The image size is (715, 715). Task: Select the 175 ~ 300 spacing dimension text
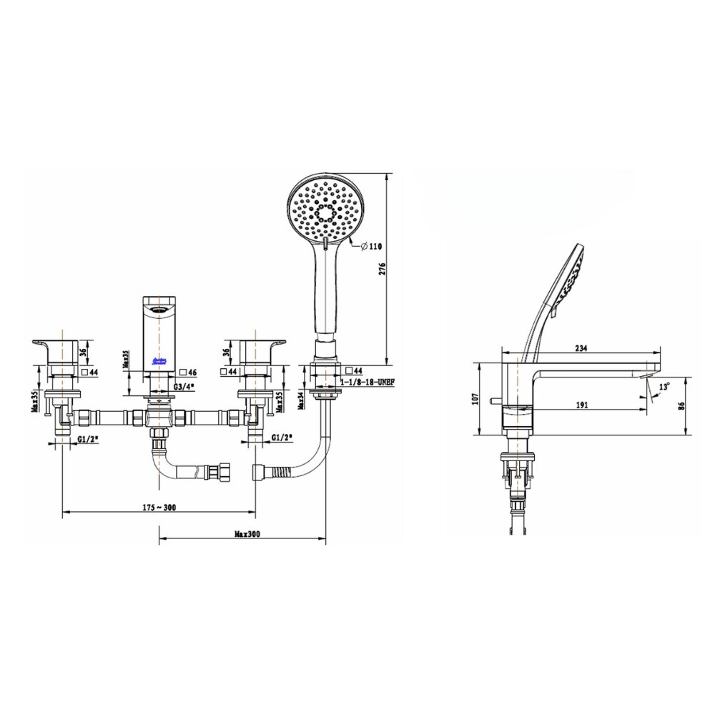(159, 507)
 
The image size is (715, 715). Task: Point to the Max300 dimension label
(246, 533)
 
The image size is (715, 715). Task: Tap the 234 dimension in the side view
(580, 348)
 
